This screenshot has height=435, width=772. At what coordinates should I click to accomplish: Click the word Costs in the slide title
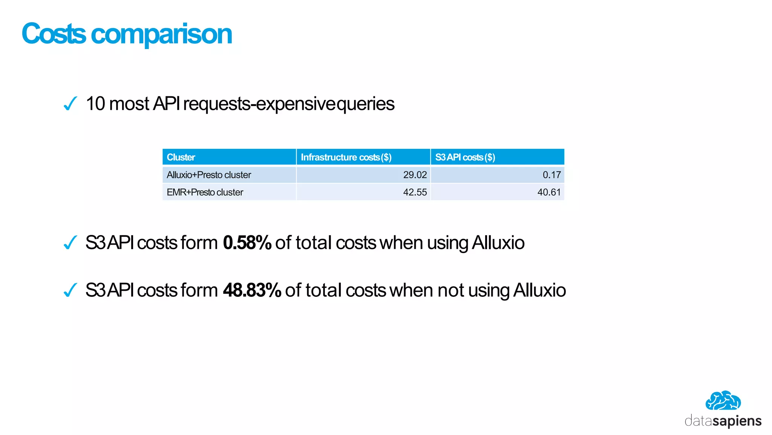tap(54, 34)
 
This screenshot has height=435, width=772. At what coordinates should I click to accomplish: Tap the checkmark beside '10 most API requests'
tap(70, 103)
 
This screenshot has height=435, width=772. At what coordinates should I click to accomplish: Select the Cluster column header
tap(181, 157)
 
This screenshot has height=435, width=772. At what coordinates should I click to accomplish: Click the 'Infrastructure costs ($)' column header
tap(346, 157)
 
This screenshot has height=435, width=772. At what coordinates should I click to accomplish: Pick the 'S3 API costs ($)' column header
tap(465, 157)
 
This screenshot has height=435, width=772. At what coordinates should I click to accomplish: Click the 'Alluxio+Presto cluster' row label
tap(209, 175)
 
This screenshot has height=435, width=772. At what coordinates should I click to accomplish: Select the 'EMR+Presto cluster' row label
tap(205, 192)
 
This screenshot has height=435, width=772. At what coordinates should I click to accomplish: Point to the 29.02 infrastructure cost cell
tap(415, 175)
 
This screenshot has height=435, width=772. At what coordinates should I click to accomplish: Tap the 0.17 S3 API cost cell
tap(551, 175)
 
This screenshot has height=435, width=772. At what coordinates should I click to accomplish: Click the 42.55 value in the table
tap(415, 192)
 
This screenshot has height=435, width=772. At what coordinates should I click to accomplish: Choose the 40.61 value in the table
tap(549, 192)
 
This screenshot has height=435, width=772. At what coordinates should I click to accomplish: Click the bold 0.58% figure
tap(247, 243)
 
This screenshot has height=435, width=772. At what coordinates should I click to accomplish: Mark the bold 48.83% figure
tap(252, 290)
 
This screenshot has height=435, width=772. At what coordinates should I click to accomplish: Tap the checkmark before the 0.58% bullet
tap(70, 242)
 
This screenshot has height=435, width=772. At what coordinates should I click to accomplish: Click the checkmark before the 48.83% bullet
tap(70, 290)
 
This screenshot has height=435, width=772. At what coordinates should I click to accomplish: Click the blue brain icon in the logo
tap(723, 401)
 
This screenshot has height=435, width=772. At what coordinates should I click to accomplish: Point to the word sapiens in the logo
tap(737, 421)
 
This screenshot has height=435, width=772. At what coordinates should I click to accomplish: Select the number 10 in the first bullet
tap(95, 104)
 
